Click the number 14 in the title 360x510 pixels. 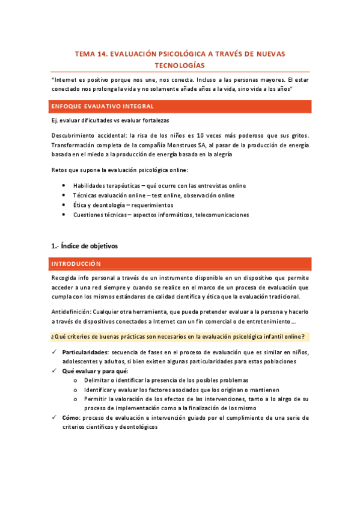point(102,54)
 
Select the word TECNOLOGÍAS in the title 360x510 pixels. point(180,65)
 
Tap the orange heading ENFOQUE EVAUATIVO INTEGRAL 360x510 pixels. point(103,106)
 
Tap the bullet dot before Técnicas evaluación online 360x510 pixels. point(64,195)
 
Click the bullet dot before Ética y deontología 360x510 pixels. point(64,205)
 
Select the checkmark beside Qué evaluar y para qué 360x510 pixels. point(55,371)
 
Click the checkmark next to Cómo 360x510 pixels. point(55,417)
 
